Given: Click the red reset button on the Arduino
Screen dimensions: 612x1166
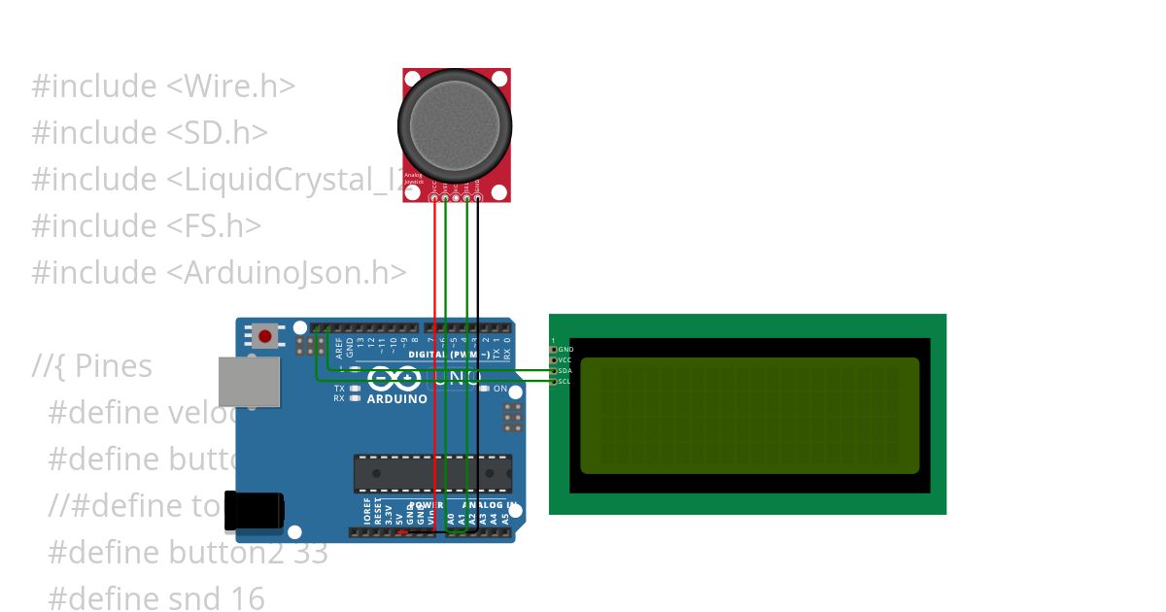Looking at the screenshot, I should (265, 337).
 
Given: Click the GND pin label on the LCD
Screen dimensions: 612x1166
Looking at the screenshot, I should (566, 349).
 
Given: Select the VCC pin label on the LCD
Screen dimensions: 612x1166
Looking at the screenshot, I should (566, 359).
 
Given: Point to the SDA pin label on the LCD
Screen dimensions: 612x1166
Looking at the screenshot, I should (566, 370).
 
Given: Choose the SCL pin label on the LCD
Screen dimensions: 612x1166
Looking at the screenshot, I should (565, 381).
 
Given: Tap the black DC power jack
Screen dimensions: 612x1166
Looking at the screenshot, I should (254, 511).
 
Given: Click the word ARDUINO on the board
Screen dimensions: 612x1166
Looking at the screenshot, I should (396, 398).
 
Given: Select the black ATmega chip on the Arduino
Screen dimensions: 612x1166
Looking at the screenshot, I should (431, 472).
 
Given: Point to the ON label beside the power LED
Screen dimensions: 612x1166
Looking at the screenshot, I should (500, 389).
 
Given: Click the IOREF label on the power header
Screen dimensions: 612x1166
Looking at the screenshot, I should (366, 512).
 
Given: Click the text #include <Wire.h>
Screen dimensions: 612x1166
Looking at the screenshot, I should (163, 85).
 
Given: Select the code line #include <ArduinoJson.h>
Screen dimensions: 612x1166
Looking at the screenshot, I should (219, 272).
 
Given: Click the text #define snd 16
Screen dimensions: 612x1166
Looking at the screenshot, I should (155, 598).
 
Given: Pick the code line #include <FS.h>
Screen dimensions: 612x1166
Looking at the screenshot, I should (146, 225).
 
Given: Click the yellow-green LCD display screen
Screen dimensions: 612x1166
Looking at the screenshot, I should (749, 416).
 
